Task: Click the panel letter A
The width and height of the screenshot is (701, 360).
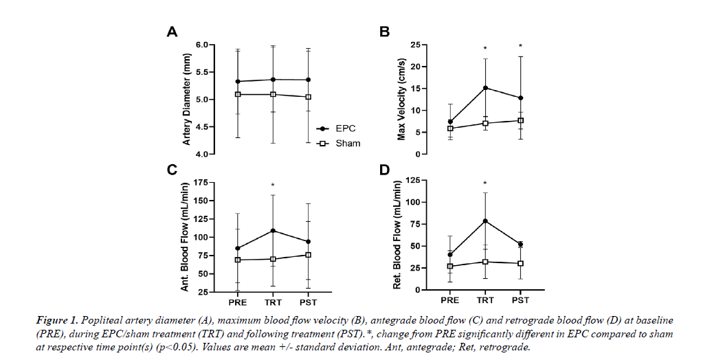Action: click(x=173, y=32)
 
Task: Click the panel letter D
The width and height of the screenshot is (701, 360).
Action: click(x=385, y=169)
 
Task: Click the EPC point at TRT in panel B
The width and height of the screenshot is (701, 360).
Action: click(x=485, y=88)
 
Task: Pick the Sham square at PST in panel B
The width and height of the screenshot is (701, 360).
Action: click(x=521, y=120)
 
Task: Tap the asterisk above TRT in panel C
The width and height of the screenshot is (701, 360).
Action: click(x=273, y=185)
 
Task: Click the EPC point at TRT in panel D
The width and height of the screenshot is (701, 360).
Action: click(x=485, y=221)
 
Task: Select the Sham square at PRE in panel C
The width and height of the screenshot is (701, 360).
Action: click(x=238, y=260)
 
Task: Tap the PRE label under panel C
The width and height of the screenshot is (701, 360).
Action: click(x=238, y=300)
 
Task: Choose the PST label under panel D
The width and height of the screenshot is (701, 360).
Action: click(x=521, y=300)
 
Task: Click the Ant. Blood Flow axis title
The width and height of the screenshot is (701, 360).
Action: click(x=185, y=236)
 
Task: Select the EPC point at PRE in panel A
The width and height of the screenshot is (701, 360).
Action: click(x=238, y=82)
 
